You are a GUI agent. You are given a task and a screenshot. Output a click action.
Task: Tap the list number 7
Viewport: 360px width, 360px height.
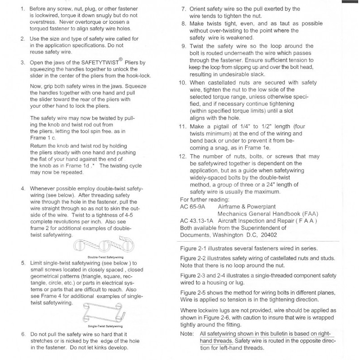point(184,9)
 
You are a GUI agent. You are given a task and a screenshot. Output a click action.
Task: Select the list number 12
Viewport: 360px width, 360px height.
point(182,156)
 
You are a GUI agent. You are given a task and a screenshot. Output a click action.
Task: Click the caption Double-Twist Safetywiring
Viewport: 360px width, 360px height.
point(105,257)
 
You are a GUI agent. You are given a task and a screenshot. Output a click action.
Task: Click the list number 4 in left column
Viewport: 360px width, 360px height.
point(23,188)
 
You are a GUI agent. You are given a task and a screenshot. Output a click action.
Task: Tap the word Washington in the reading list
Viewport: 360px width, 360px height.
point(226,235)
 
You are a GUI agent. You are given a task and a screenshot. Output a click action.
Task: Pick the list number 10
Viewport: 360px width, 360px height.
point(182,83)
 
